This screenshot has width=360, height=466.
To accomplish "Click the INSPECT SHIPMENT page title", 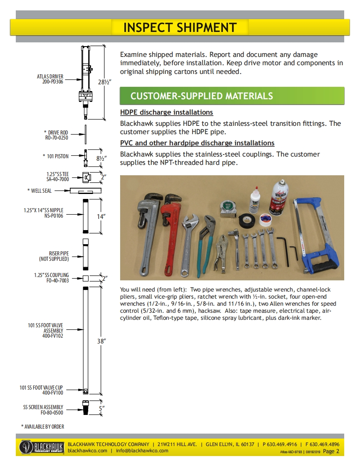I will coord(180,27).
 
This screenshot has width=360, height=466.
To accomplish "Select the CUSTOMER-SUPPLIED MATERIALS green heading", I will coord(202,96).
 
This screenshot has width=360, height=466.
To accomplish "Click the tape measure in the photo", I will coord(228,208).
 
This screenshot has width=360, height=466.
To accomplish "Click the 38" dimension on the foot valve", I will coord(101,341).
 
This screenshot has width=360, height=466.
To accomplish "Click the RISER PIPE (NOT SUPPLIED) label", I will coord(54,256).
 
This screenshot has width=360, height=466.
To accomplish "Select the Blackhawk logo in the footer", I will coord(41,447).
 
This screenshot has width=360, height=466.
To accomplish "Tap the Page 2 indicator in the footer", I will coord(331,451).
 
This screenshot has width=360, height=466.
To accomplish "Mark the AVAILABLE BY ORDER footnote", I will coord(43,427).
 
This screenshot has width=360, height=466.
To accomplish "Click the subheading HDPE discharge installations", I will coord(166,113).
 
